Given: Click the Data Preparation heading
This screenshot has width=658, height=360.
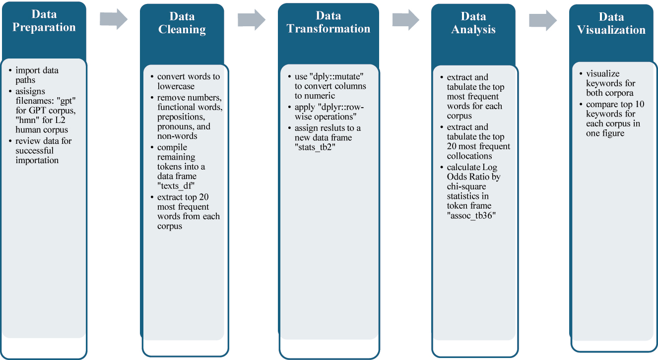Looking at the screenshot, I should click(44, 21).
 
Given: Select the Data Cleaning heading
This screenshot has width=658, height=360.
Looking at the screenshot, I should click(182, 23).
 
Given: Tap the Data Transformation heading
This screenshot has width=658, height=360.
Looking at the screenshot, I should click(328, 22).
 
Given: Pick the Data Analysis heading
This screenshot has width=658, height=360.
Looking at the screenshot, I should click(473, 23).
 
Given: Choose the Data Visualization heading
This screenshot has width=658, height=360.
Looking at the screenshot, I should click(611, 23).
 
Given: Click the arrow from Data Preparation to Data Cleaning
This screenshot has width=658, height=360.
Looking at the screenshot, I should click(114, 19).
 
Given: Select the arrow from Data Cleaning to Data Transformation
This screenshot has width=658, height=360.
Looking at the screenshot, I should click(252, 19).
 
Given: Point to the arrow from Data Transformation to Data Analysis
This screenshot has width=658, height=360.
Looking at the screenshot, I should click(406, 19).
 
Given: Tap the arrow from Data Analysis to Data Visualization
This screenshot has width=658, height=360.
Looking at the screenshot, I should click(543, 19).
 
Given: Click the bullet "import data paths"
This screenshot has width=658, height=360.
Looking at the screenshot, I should click(37, 75).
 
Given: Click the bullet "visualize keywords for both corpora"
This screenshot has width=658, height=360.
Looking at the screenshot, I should click(610, 83).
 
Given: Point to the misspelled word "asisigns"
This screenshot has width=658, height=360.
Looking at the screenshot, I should click(31, 92).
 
